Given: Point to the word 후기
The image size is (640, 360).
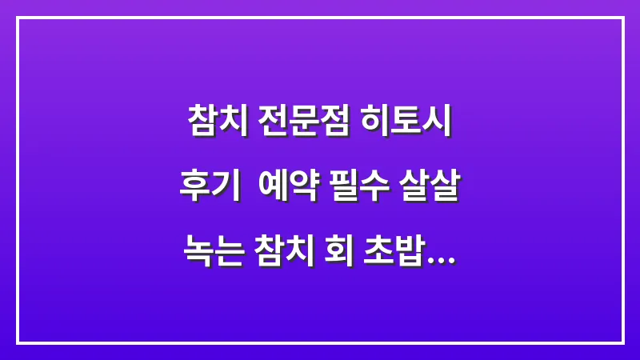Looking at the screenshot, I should point(209,190).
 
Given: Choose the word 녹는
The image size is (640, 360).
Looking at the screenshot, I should point(210,258).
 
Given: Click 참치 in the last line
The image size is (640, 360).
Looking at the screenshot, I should point(282,258).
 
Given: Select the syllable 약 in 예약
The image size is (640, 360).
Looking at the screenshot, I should point(304,190).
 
